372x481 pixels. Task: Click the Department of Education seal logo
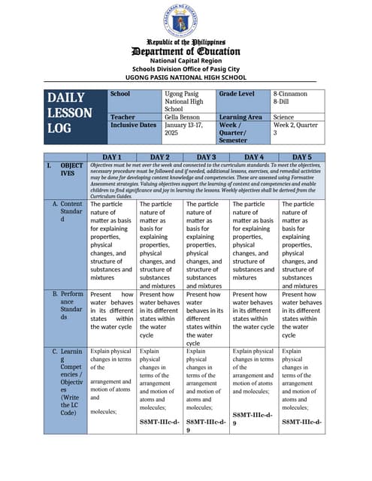186,20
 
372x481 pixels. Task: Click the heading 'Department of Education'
186,51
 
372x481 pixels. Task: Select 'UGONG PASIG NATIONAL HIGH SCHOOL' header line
186,77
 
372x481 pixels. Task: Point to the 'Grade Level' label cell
236,94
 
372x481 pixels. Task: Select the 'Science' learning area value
283,117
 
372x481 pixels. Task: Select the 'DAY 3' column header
206,156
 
